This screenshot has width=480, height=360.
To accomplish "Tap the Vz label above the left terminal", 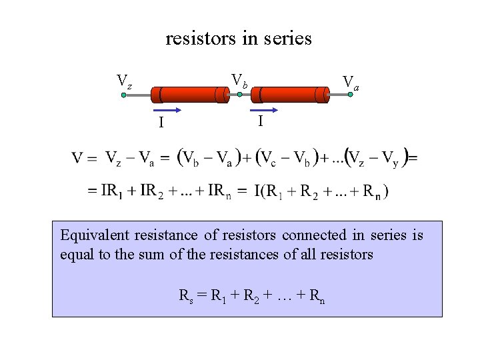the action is coord(125,81).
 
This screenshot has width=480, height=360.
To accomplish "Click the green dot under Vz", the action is coord(124,95).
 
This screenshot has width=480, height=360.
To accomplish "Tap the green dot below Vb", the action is coord(239,95).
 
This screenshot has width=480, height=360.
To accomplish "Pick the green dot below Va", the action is coord(351,95).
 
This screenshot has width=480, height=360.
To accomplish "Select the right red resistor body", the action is coord(293,95).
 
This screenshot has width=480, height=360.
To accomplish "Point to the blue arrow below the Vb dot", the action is coord(264,109).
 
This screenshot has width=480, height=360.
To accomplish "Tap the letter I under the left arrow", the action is coord(161,123).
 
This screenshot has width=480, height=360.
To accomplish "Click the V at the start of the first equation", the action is coord(79,158).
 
